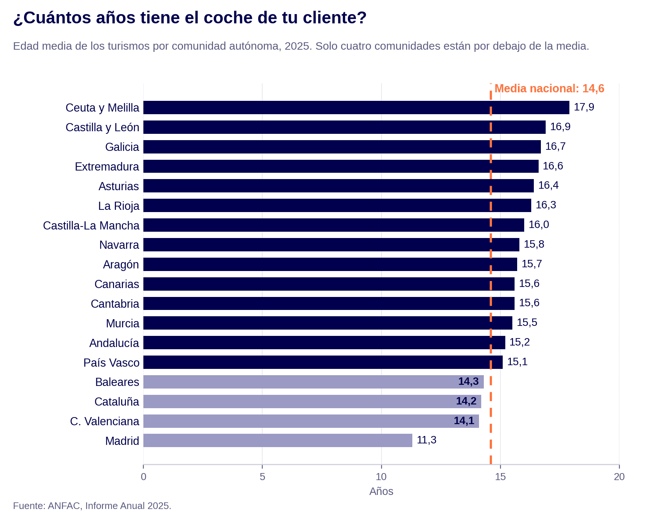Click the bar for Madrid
pyautogui.click(x=278, y=440)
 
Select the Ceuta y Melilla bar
pyautogui.click(x=356, y=108)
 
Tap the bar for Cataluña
pyautogui.click(x=312, y=402)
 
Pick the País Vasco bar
pyautogui.click(x=323, y=362)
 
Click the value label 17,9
pyautogui.click(x=584, y=107)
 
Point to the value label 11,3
pyautogui.click(x=426, y=440)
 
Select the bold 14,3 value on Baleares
pyautogui.click(x=468, y=381)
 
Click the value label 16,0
pyautogui.click(x=539, y=225)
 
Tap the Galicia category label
pyautogui.click(x=122, y=147)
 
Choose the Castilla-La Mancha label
pyautogui.click(x=91, y=225)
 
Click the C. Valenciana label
pyautogui.click(x=104, y=422)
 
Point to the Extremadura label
pyautogui.click(x=107, y=167)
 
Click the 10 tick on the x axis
pyautogui.click(x=381, y=477)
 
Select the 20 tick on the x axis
pyautogui.click(x=619, y=477)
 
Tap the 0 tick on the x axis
pyautogui.click(x=143, y=477)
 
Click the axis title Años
pyautogui.click(x=381, y=491)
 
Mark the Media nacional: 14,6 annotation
pyautogui.click(x=549, y=89)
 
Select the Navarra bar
pyautogui.click(x=331, y=245)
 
